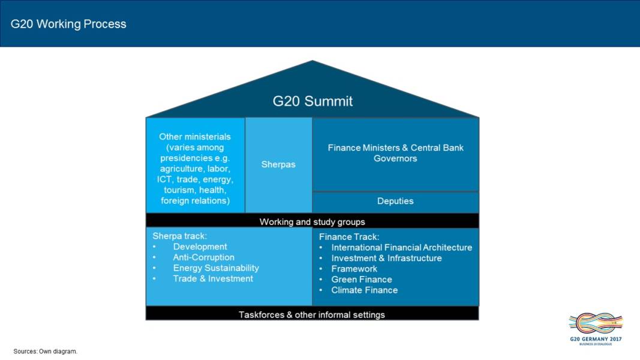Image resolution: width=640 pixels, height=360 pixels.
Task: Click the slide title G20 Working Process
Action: pos(68,25)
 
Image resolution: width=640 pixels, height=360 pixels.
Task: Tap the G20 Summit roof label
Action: pos(313,101)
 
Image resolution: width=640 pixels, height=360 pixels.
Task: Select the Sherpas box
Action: pos(278,164)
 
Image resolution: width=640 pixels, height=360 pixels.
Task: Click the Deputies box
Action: pos(395,202)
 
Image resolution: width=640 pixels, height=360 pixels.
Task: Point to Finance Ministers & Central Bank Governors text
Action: pos(395,153)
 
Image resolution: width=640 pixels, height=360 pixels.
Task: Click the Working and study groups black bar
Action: pos(312,221)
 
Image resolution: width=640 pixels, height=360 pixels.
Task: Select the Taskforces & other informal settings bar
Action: pos(312,314)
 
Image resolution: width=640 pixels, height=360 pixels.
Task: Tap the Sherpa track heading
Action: pos(179,236)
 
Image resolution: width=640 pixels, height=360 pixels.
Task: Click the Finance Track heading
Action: pos(349,237)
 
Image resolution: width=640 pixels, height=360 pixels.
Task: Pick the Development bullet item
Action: pos(200,247)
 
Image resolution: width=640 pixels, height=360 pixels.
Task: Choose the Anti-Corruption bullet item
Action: pos(203,257)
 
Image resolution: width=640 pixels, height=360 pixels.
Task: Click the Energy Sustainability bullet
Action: pos(216,268)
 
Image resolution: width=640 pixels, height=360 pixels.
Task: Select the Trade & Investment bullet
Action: pos(213,279)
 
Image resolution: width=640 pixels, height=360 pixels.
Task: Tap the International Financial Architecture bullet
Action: pos(401,247)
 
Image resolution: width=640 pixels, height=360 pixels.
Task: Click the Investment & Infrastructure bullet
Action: pos(386,258)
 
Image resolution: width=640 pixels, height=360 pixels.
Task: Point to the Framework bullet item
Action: pos(354,269)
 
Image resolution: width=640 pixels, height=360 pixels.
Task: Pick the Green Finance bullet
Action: pos(361,280)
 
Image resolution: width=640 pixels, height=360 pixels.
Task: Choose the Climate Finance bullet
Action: pos(364,290)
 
